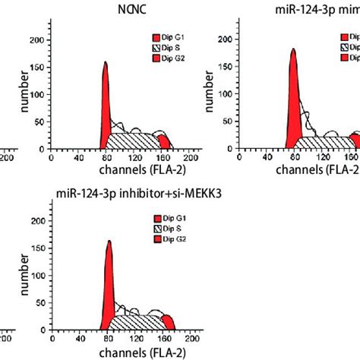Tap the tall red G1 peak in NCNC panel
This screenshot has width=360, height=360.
[106, 114]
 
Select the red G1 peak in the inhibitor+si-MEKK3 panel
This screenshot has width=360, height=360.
[109, 289]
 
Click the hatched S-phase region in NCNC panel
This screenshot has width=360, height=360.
[133, 141]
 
